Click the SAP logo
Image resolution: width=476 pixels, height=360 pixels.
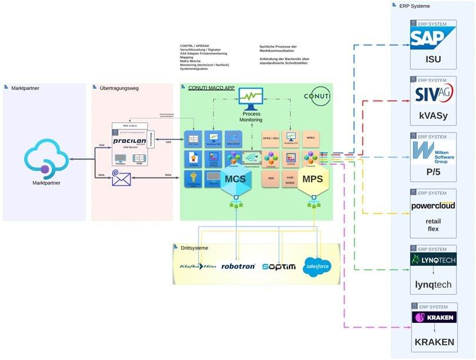(433, 39)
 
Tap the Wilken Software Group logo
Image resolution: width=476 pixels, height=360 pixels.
(433, 152)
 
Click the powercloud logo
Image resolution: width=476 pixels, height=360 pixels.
(433, 206)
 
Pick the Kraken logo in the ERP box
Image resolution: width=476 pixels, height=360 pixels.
(433, 318)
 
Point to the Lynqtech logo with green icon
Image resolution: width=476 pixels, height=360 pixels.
(433, 261)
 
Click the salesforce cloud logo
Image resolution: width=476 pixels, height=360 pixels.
(317, 266)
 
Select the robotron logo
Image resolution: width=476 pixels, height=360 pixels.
(238, 266)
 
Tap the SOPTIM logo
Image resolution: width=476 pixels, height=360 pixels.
(279, 266)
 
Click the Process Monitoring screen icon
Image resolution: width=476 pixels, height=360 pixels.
(251, 98)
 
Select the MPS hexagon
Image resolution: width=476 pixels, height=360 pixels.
(313, 179)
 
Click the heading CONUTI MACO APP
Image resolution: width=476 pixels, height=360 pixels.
(211, 88)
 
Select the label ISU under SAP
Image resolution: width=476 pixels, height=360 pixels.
(433, 59)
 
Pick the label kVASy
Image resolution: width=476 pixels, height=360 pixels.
(433, 116)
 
